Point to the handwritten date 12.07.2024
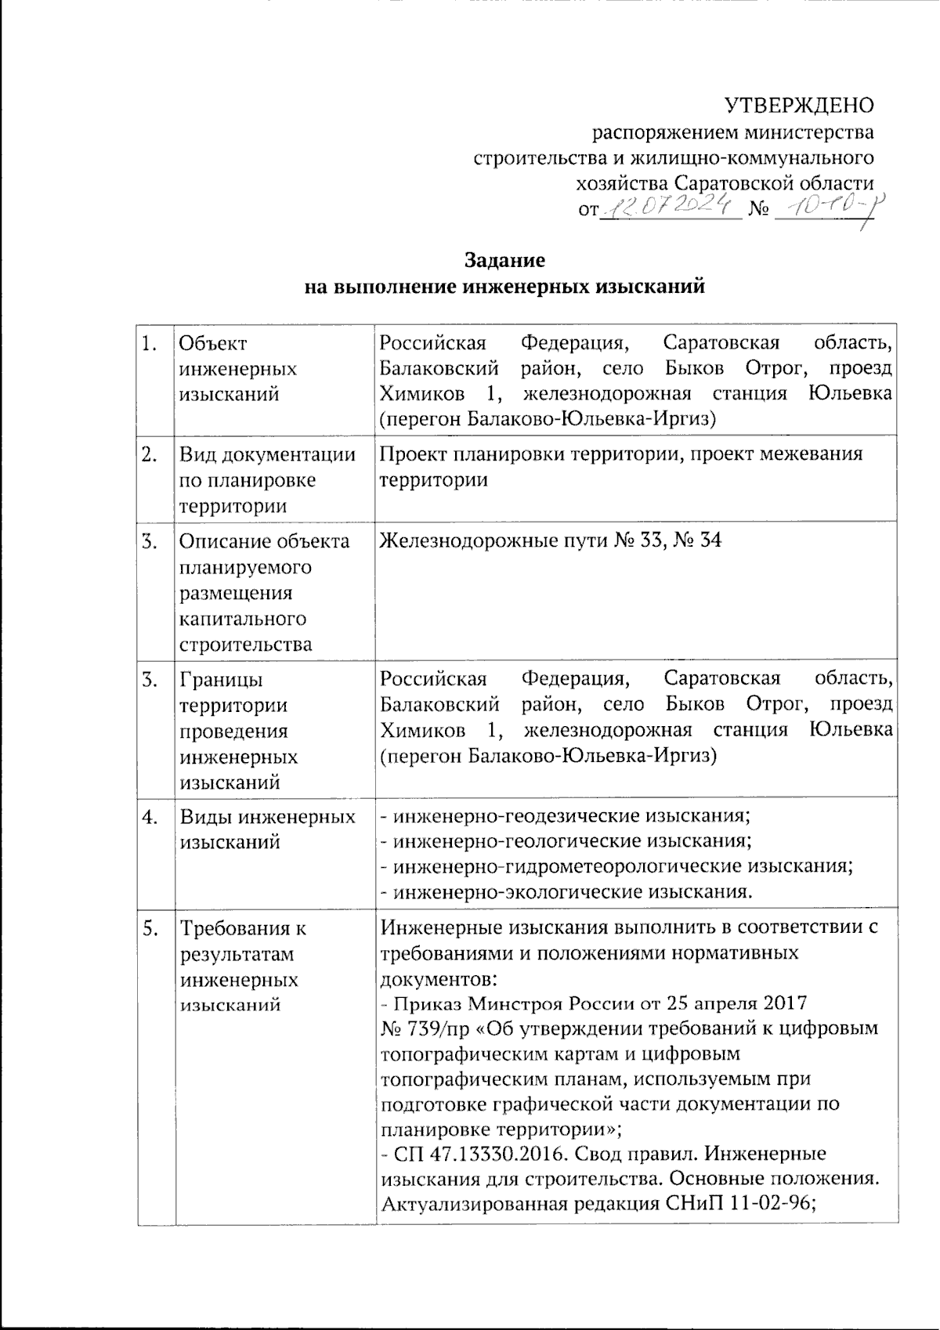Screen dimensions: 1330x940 [x=671, y=208]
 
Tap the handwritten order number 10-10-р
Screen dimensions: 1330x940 [x=822, y=208]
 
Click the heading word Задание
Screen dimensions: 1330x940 [x=504, y=259]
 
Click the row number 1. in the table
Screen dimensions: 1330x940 [x=150, y=343]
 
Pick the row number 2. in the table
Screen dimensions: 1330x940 [x=150, y=454]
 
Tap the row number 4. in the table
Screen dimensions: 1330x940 [x=150, y=817]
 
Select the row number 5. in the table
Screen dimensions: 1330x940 [x=150, y=929]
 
